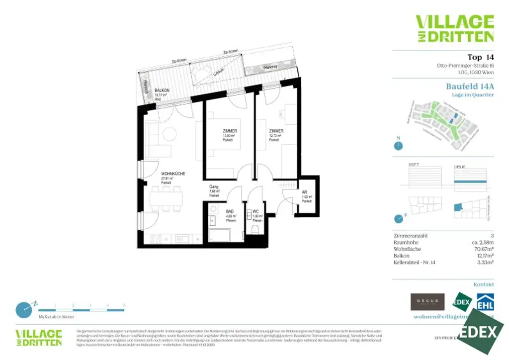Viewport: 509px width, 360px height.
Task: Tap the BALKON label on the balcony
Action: [162, 90]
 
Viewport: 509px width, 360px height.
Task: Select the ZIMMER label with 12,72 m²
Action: [276, 131]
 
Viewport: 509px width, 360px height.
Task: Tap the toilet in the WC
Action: [256, 229]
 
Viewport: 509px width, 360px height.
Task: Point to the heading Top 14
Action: [481, 57]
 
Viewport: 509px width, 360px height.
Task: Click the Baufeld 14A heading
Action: [470, 86]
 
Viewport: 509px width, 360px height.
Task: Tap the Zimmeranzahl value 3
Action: [492, 236]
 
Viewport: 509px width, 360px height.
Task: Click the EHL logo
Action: [485, 302]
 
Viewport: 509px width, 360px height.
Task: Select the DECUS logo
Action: [427, 302]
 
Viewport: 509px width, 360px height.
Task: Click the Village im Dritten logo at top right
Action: [454, 28]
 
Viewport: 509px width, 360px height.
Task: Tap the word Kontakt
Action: [484, 284]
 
